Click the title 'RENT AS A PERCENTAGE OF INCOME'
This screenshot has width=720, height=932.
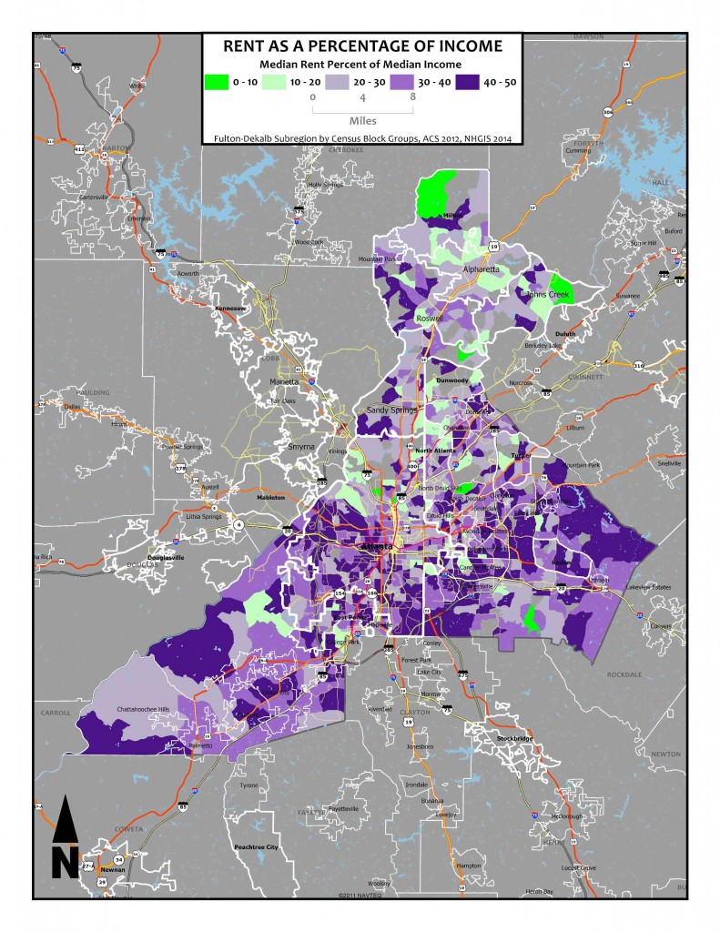(361, 46)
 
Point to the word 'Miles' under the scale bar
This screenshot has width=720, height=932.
(362, 119)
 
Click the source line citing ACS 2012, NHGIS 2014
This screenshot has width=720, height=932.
(361, 137)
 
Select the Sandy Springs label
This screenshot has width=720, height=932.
(391, 410)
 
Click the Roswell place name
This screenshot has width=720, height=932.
(429, 319)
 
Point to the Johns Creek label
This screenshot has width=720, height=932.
(544, 294)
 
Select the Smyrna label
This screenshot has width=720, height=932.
(299, 448)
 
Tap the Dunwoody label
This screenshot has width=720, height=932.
(452, 380)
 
